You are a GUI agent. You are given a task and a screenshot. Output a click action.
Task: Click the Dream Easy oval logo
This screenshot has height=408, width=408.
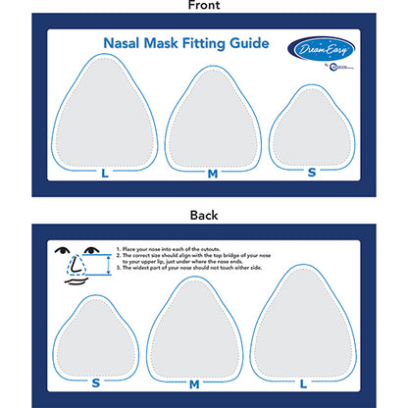click(x=333, y=46)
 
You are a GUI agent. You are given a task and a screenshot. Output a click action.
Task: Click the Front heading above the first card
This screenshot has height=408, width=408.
click(x=203, y=6)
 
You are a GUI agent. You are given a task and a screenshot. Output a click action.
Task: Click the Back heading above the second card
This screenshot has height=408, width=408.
click(x=203, y=215)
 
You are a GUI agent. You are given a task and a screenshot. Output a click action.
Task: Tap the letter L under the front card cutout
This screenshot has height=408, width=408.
click(x=104, y=173)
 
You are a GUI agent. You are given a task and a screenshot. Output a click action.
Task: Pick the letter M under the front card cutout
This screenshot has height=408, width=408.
click(x=213, y=173)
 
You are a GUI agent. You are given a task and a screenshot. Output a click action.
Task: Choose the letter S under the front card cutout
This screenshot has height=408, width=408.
click(x=312, y=173)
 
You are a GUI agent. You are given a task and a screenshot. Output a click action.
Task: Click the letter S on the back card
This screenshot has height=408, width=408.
click(x=96, y=382)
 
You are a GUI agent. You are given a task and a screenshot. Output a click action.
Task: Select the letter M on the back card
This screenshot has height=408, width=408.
click(x=194, y=382)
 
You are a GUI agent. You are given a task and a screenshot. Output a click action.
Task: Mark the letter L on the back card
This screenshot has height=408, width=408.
click(x=303, y=382)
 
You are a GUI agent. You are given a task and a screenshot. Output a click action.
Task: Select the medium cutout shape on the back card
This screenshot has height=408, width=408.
click(x=194, y=328)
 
